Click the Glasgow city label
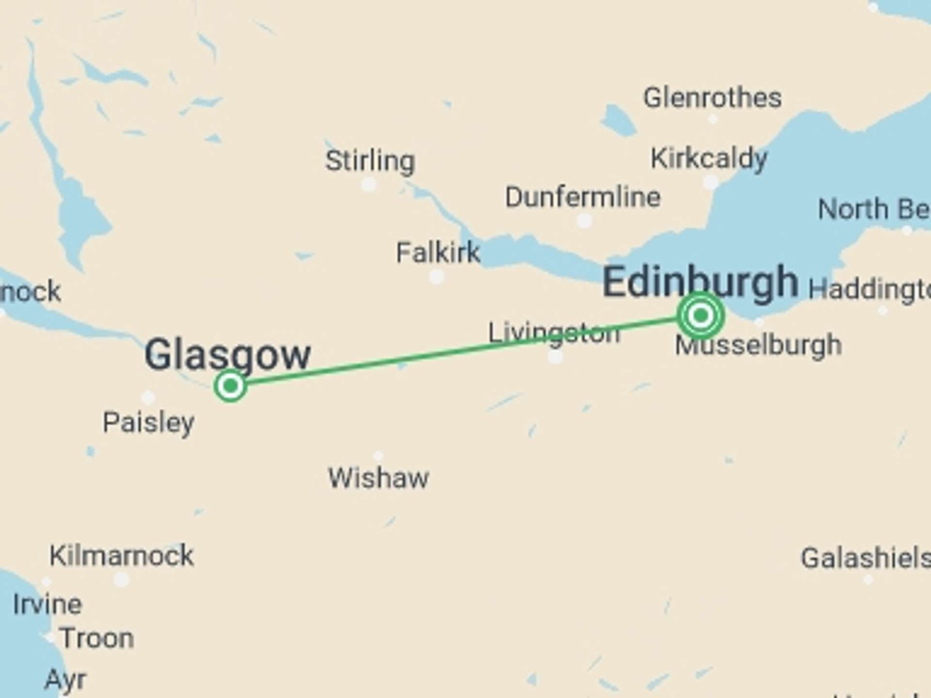pyautogui.click(x=227, y=355)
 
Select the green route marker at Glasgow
pyautogui.click(x=230, y=386)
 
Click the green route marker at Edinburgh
pyautogui.click(x=700, y=316)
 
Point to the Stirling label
pyautogui.click(x=370, y=160)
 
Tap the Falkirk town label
pyautogui.click(x=437, y=253)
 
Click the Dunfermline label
pyautogui.click(x=582, y=197)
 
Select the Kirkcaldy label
pyautogui.click(x=708, y=159)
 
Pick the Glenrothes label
pyautogui.click(x=712, y=97)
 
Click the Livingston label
pyautogui.click(x=553, y=333)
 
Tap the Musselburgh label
pyautogui.click(x=758, y=346)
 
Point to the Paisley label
pyautogui.click(x=148, y=422)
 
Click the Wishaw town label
pyautogui.click(x=378, y=478)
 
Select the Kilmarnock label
pyautogui.click(x=121, y=555)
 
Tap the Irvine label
pyautogui.click(x=47, y=604)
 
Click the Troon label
pyautogui.click(x=96, y=638)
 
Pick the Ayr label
pyautogui.click(x=65, y=680)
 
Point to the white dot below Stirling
pyautogui.click(x=369, y=185)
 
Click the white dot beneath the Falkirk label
pyautogui.click(x=436, y=277)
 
